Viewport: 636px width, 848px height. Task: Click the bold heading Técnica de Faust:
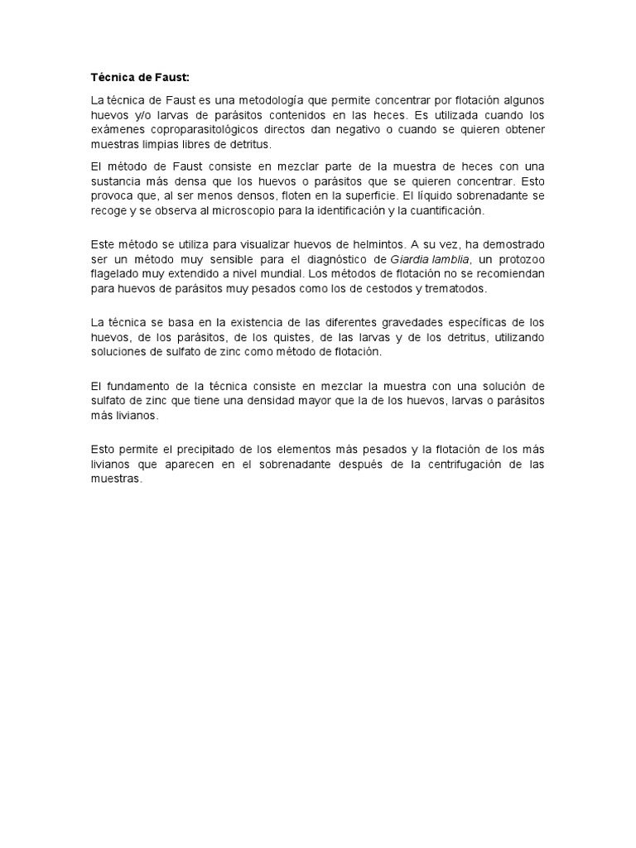coord(140,78)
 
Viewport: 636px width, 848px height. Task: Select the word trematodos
coord(455,289)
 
